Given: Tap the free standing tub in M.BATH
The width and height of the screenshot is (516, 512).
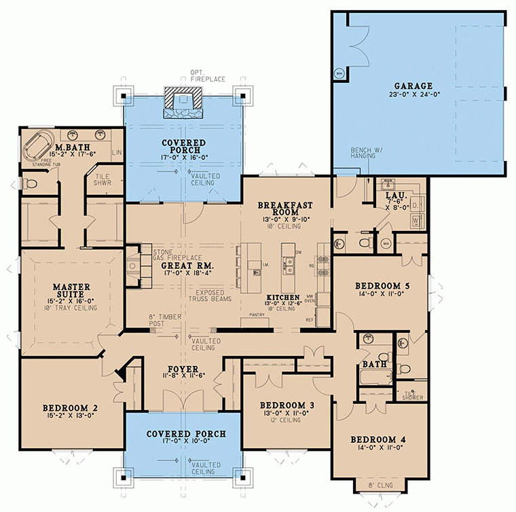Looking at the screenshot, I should pyautogui.click(x=39, y=149).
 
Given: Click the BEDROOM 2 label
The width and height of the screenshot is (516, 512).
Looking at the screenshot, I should pyautogui.click(x=70, y=408).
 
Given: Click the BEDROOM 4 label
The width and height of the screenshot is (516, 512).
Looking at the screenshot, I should pyautogui.click(x=378, y=440).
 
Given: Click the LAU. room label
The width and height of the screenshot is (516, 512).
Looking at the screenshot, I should pyautogui.click(x=395, y=194).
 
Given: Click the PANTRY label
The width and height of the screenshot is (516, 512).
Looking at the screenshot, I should pyautogui.click(x=257, y=315).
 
